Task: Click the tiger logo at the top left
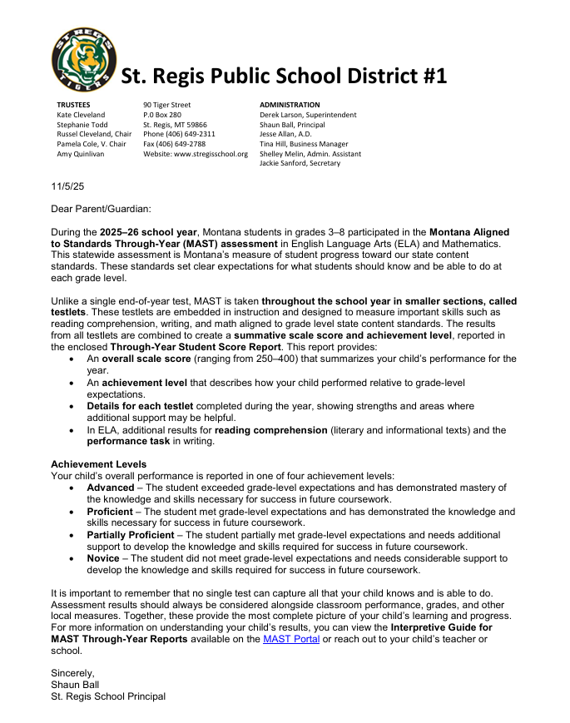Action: (83, 58)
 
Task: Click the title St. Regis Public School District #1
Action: (285, 77)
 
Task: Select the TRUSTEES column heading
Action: (73, 105)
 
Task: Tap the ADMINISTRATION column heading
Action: (290, 105)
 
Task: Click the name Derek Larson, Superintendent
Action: (308, 115)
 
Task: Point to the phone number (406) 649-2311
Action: (179, 134)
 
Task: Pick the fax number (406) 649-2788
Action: (174, 144)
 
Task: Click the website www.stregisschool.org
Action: (196, 154)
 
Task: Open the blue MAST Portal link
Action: (291, 639)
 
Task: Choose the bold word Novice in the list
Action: (104, 558)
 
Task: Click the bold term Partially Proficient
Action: (131, 534)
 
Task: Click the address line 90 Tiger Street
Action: (167, 105)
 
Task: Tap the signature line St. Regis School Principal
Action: (108, 696)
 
